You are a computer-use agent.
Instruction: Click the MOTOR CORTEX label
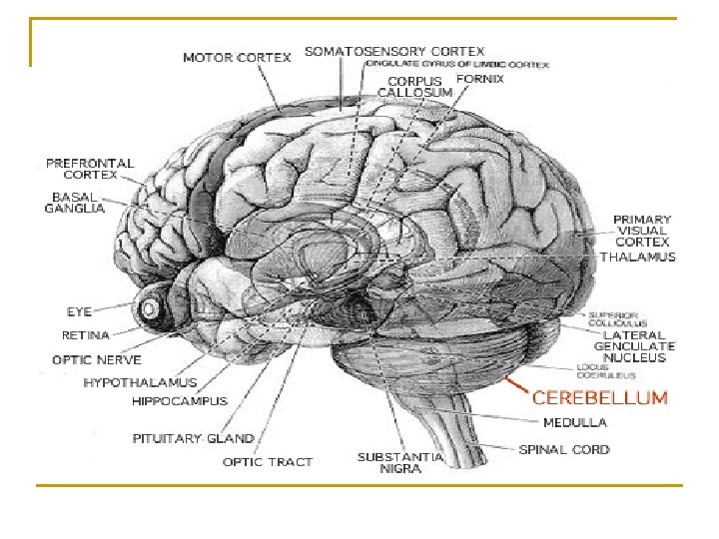tap(237, 57)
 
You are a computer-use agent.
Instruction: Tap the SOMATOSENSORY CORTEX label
tap(394, 50)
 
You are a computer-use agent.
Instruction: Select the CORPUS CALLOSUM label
tap(414, 86)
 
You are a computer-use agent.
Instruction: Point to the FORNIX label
tap(480, 77)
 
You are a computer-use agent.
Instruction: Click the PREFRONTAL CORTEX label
tap(90, 168)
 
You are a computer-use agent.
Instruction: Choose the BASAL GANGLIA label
tap(75, 202)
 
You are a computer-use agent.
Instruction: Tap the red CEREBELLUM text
tap(599, 397)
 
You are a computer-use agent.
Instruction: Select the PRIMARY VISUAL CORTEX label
tap(642, 230)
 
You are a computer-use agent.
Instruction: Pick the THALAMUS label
tap(637, 257)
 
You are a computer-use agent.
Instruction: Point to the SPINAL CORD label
tap(564, 449)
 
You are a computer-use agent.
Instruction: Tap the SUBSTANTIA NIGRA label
tap(399, 462)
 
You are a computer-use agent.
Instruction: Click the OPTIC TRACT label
tap(267, 461)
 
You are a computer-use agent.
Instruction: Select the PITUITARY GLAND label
tap(193, 438)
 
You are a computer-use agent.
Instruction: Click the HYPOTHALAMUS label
tap(140, 381)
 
